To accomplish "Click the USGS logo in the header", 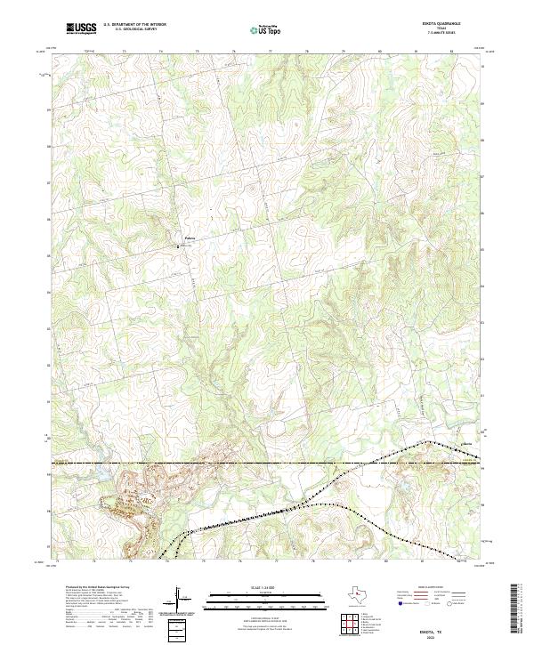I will pos(80,29).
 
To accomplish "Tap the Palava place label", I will pos(189,238).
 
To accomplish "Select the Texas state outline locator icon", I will pos(360,597).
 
